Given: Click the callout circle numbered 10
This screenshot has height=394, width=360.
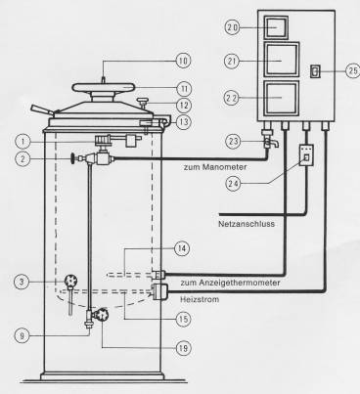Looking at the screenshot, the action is (x=183, y=61).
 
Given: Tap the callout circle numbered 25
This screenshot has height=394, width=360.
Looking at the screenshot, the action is (x=353, y=70).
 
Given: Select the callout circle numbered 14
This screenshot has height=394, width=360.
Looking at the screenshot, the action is (x=182, y=248).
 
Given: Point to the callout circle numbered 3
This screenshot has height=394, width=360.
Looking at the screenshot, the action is (x=22, y=282).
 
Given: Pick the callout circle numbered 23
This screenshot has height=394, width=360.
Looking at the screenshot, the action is (x=233, y=142).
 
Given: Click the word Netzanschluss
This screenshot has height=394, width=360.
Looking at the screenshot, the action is (x=247, y=224).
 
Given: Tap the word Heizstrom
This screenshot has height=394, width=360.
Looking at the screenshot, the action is (x=200, y=299).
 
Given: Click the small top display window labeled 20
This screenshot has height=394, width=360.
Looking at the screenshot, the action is (x=276, y=27).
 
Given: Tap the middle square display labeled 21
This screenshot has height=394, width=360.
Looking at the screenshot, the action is (x=282, y=61).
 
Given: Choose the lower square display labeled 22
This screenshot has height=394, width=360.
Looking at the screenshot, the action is (x=282, y=98).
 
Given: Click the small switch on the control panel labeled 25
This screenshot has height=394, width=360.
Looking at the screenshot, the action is (x=315, y=71).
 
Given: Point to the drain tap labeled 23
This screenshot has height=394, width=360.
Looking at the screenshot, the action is (x=269, y=140).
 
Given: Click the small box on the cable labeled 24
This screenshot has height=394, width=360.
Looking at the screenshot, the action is (x=306, y=155).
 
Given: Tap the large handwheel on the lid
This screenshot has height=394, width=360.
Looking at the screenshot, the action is (x=103, y=87).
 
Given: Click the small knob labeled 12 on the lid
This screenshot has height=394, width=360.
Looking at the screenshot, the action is (x=143, y=102).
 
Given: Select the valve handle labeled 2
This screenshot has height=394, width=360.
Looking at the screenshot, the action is (x=70, y=158).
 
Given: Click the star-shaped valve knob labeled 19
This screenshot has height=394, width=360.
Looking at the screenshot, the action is (x=101, y=314).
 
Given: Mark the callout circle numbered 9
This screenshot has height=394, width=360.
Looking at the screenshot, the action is (x=22, y=335).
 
